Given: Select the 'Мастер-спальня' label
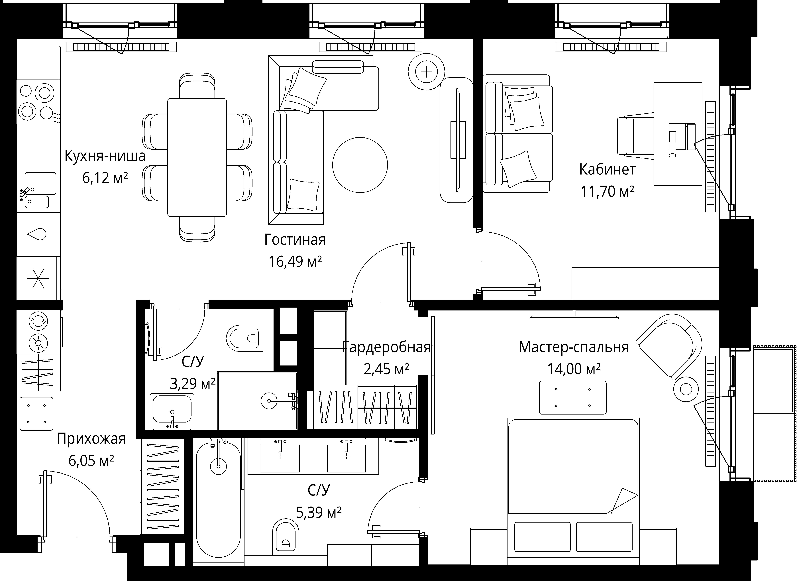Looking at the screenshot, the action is click(x=574, y=347).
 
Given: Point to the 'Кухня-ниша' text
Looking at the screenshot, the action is click(x=105, y=156).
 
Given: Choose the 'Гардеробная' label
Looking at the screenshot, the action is click(x=386, y=347).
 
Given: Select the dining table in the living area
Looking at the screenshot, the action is click(x=197, y=157).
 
